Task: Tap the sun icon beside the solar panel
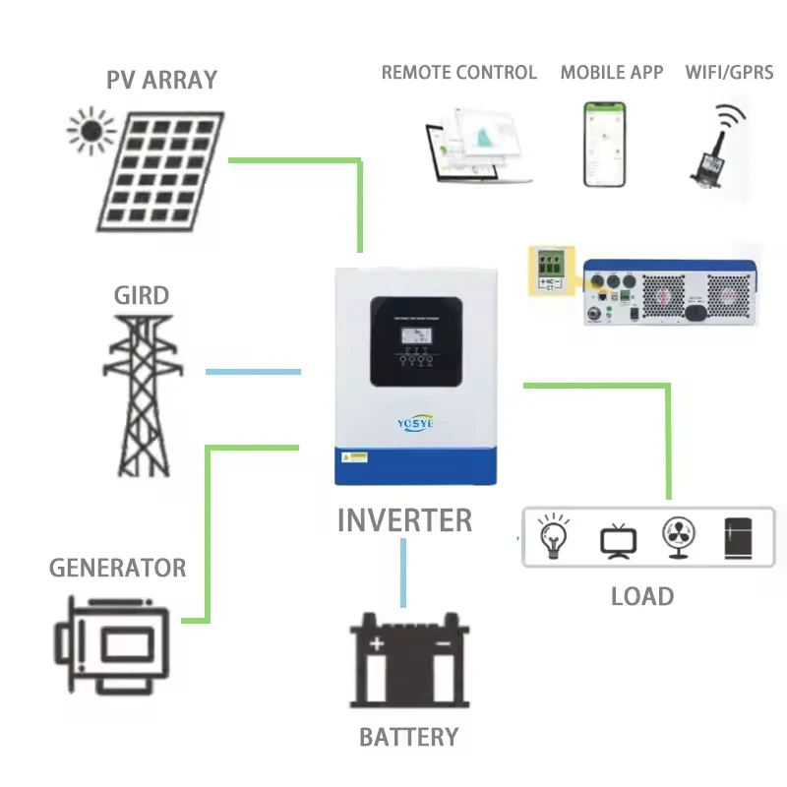coord(91,131)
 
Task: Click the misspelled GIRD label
coord(142,295)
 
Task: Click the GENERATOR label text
coord(117,568)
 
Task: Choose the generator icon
coord(117,644)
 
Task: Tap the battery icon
coord(409,660)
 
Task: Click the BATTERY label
coord(408,737)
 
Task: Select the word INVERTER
coord(404,520)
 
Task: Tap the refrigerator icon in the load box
coord(738,538)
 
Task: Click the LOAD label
coord(641,596)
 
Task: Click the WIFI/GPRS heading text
coord(729,72)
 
